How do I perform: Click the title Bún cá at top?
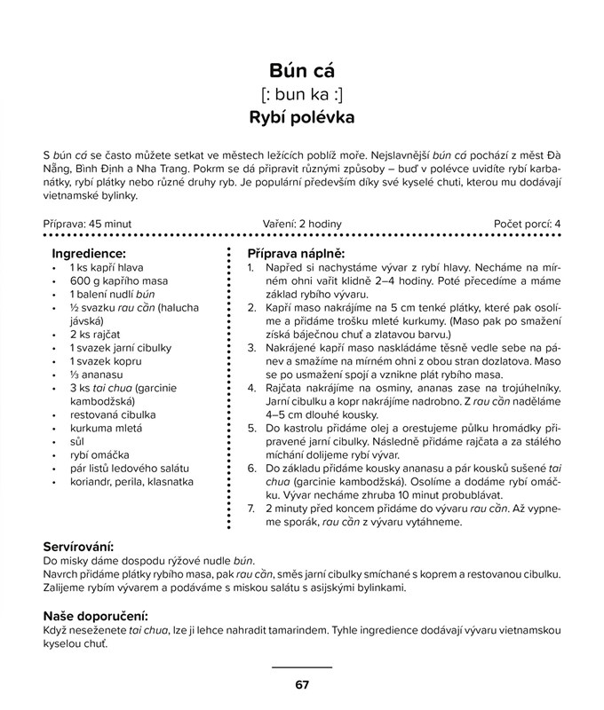click(x=301, y=70)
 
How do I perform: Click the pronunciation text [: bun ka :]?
click(x=301, y=94)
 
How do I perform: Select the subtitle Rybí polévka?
click(x=301, y=117)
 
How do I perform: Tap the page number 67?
click(x=301, y=684)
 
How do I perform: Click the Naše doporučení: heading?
click(x=95, y=615)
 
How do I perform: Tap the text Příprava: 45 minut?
click(x=88, y=225)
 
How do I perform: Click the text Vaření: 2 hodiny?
click(x=302, y=225)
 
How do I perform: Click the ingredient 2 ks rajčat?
click(x=96, y=335)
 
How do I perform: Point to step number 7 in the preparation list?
click(x=251, y=509)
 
